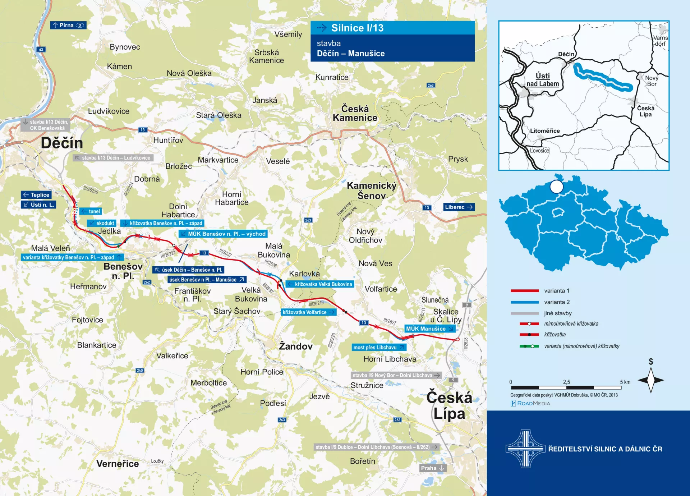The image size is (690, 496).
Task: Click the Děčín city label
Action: point(62,143)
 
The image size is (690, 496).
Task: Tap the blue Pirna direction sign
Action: point(68,25)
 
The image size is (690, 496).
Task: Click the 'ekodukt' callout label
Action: point(102,223)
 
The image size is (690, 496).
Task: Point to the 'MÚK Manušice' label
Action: point(429,329)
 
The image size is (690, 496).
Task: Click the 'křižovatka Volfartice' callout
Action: point(308,312)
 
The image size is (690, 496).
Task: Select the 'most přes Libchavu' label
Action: point(378,347)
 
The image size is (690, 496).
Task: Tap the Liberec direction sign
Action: point(459,207)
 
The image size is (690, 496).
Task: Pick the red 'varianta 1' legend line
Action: point(524,290)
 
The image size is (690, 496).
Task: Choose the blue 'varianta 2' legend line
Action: point(524,302)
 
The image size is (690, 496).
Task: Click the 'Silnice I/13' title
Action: point(357,28)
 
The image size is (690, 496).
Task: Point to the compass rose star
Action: point(650,380)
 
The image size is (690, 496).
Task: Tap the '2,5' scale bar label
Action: point(566,382)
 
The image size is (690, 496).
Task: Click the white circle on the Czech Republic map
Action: point(557,187)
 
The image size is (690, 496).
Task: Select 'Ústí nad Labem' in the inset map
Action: point(543,80)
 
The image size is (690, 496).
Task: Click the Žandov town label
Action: point(296,346)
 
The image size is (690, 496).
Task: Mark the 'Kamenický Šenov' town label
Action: point(372,190)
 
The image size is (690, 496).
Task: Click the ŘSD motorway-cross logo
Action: point(525,449)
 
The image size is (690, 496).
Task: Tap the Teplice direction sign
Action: point(36,195)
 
